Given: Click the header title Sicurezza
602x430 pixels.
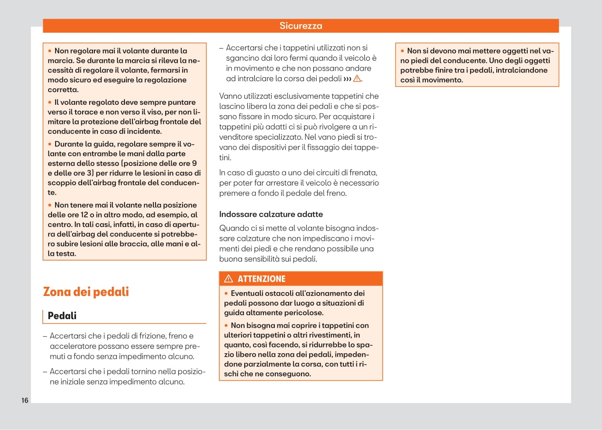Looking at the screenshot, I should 301,26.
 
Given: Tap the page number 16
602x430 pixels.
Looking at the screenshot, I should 25,400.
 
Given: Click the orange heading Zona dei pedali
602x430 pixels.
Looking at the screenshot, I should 86,292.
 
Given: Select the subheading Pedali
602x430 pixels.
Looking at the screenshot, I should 62,316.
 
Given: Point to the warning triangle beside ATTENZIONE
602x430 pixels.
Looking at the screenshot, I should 228,279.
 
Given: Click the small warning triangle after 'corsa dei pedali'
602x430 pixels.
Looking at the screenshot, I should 357,79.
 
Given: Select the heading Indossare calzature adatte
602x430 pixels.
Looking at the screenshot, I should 271,214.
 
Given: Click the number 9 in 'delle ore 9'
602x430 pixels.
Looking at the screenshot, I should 194,163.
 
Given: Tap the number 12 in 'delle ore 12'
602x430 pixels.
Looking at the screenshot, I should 84,215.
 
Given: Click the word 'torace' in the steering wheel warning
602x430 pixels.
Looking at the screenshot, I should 86,112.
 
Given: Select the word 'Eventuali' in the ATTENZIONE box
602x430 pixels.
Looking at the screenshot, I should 248,293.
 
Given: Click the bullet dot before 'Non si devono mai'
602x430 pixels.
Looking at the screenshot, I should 402,51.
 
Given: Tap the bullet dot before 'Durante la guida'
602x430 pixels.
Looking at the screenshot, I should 50,144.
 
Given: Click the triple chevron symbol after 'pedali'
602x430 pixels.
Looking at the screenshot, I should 347,79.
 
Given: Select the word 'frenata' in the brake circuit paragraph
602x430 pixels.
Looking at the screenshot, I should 364,173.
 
